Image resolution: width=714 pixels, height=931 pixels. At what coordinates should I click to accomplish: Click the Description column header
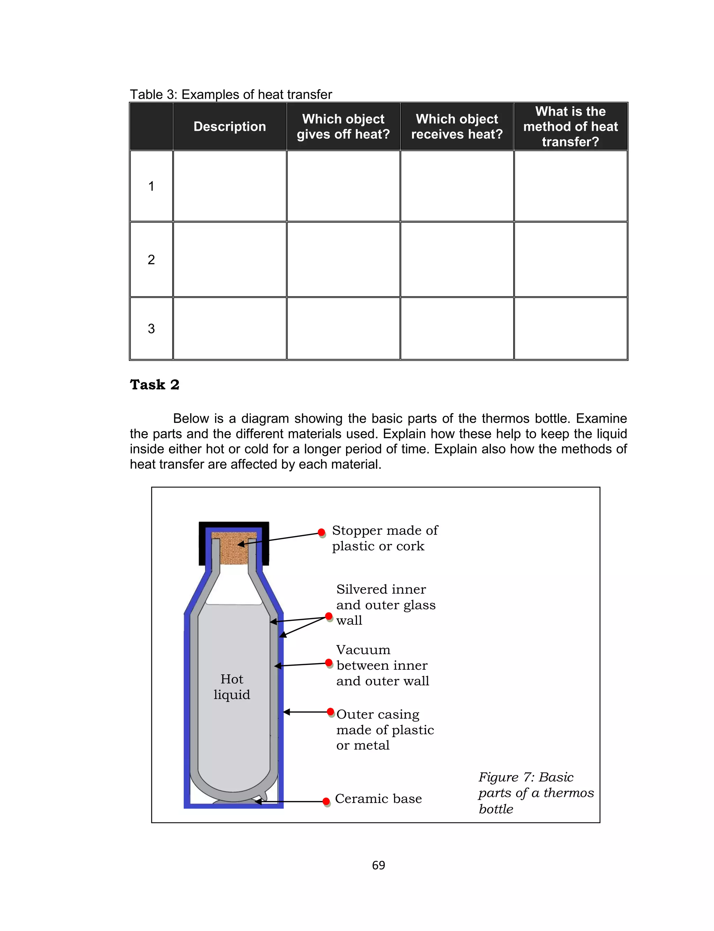point(229,126)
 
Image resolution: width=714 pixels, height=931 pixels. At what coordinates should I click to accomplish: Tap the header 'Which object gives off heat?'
point(343,126)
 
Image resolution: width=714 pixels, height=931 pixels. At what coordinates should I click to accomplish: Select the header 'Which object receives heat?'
point(457,126)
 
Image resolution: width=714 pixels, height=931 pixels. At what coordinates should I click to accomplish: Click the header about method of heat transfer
point(570,126)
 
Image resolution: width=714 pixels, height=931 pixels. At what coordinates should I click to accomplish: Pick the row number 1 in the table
point(151,186)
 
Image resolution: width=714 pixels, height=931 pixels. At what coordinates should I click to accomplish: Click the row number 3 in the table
point(151,328)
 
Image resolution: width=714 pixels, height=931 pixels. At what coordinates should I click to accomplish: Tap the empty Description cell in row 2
point(229,259)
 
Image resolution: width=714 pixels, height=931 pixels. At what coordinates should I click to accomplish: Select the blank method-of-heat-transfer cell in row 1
point(570,186)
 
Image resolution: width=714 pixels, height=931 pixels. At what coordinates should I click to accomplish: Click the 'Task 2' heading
point(155,384)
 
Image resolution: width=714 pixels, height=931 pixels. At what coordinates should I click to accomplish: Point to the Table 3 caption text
point(231,95)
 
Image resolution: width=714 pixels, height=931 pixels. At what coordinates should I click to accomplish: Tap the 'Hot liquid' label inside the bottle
point(231,686)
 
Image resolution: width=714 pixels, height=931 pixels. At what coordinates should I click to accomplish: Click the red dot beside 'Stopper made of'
point(322,532)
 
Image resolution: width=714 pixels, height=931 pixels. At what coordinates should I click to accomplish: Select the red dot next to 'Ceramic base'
point(326,801)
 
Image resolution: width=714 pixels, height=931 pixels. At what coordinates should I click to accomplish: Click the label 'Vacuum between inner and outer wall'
point(382,665)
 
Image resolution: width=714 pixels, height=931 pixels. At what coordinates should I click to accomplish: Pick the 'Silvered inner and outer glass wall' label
point(386,605)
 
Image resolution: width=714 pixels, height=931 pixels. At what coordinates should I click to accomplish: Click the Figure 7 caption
point(535,793)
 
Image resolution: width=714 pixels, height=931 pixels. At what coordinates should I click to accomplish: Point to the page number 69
point(378,865)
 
